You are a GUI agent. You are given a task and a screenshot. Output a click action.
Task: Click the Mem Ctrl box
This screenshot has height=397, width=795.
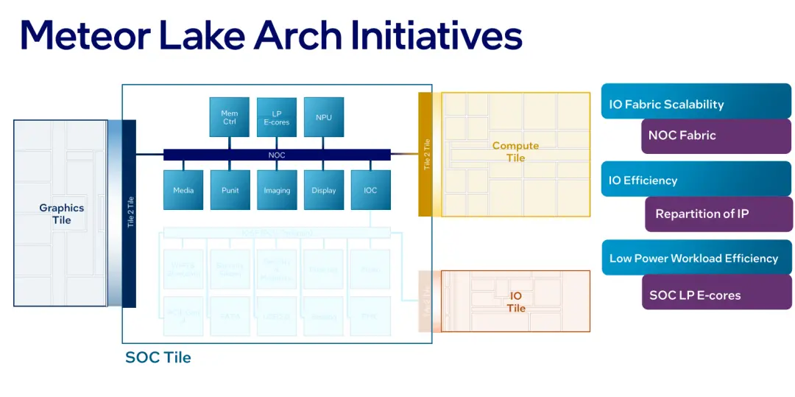pyautogui.click(x=230, y=117)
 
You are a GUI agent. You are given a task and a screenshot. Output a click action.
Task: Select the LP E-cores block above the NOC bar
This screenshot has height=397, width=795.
pyautogui.click(x=277, y=117)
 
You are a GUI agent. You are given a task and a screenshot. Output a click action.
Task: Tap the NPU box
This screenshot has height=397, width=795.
pyautogui.click(x=324, y=117)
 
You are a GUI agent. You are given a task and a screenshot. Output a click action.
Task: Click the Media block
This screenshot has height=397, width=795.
pyautogui.click(x=183, y=190)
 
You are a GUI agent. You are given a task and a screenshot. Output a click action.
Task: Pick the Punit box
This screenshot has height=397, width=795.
pyautogui.click(x=230, y=190)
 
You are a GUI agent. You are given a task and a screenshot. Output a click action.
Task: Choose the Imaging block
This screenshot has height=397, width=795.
pyautogui.click(x=277, y=190)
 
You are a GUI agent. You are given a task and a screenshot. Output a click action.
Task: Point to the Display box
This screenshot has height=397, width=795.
pyautogui.click(x=324, y=190)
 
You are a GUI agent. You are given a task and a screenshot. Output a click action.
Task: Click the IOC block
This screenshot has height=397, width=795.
pyautogui.click(x=370, y=190)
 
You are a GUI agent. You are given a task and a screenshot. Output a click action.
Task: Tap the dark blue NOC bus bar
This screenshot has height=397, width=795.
pyautogui.click(x=277, y=155)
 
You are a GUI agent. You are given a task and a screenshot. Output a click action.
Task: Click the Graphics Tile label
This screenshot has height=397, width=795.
pyautogui.click(x=62, y=214)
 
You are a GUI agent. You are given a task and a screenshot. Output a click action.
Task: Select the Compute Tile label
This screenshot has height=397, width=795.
pyautogui.click(x=515, y=151)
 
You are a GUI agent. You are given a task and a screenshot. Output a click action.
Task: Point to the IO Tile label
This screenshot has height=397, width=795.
pyautogui.click(x=516, y=301)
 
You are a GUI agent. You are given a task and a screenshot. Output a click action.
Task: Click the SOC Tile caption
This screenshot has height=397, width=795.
pyautogui.click(x=158, y=357)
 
